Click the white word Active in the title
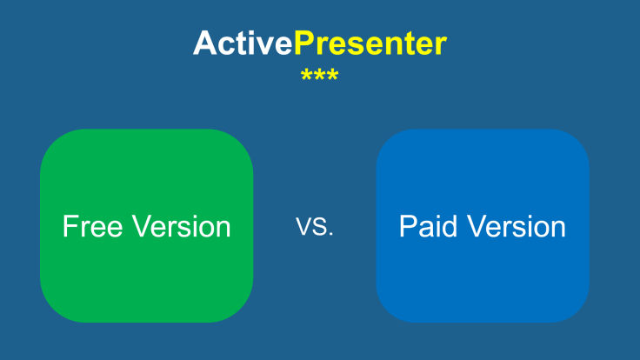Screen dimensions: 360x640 pyautogui.click(x=243, y=43)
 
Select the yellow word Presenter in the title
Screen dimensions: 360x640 pyautogui.click(x=370, y=43)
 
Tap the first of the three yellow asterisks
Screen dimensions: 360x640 pyautogui.click(x=306, y=76)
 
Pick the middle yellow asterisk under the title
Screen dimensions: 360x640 pyautogui.click(x=319, y=76)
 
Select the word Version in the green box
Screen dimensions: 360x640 pyautogui.click(x=182, y=227)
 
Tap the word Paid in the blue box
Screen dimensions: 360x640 pyautogui.click(x=429, y=227)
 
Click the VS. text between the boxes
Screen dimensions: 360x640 pyautogui.click(x=315, y=228)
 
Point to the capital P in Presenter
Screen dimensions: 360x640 pyautogui.click(x=303, y=43)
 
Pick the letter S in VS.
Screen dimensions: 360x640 pyautogui.click(x=321, y=228)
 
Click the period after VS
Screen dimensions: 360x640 pyautogui.click(x=331, y=235)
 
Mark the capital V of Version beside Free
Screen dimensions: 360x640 pyautogui.click(x=142, y=227)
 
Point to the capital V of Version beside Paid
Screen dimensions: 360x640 pyautogui.click(x=477, y=227)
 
